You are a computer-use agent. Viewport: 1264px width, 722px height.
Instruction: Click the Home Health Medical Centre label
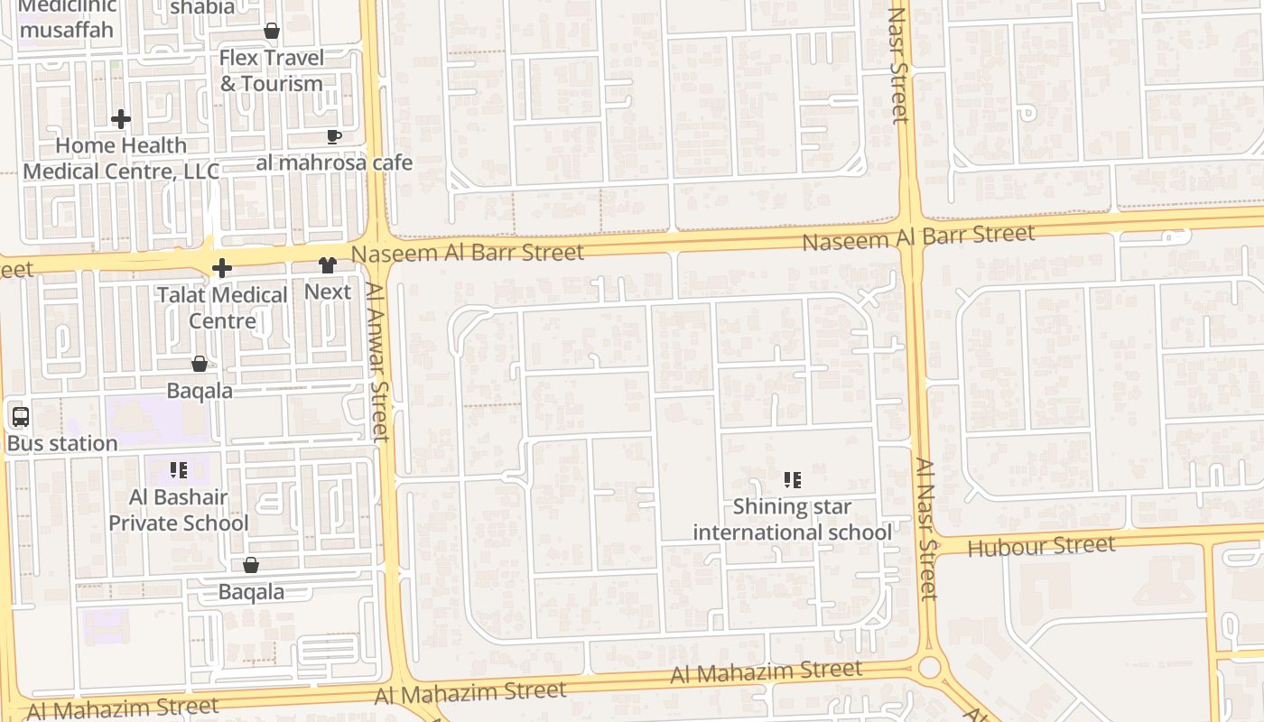click(x=121, y=158)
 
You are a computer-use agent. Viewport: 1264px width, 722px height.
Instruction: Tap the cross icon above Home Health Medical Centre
click(x=121, y=119)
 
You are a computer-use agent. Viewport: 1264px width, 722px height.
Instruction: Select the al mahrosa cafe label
click(x=334, y=163)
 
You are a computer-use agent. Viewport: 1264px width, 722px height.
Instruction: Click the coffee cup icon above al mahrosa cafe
click(x=333, y=137)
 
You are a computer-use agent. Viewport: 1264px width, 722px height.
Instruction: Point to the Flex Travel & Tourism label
click(x=272, y=70)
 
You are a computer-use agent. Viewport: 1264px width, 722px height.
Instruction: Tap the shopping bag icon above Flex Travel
click(x=272, y=32)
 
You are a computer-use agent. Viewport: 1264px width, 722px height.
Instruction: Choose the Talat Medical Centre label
click(x=222, y=308)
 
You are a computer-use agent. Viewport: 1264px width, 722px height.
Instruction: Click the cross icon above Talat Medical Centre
click(x=222, y=268)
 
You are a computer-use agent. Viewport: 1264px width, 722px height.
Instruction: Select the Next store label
click(x=327, y=292)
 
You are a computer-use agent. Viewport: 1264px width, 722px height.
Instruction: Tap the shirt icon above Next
click(x=327, y=265)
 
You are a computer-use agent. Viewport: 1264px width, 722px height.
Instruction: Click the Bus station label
click(x=62, y=444)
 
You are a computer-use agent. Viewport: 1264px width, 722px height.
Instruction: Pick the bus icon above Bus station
click(x=20, y=417)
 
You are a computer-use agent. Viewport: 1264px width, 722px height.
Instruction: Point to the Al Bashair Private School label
click(x=179, y=510)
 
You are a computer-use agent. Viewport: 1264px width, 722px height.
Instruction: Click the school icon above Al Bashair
click(x=179, y=470)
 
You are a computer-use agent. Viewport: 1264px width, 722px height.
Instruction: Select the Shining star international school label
click(x=792, y=520)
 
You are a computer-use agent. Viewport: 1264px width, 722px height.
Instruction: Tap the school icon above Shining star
click(x=792, y=480)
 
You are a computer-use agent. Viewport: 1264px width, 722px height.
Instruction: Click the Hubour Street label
click(x=1041, y=546)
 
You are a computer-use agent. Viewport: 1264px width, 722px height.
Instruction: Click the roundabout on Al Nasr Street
click(x=928, y=668)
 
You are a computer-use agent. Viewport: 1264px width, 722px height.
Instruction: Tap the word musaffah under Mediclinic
click(x=67, y=30)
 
